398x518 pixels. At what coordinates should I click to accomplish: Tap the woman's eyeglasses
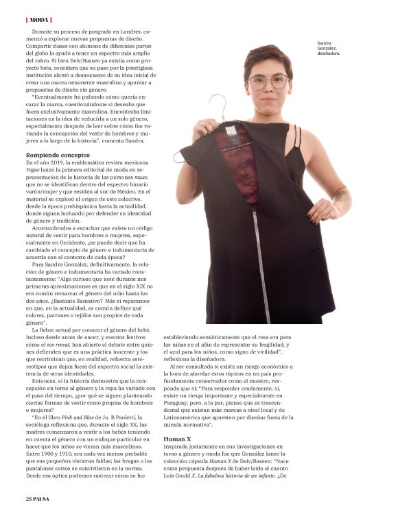coord(268,82)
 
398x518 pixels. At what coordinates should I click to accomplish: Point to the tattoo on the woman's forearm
coord(339,196)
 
